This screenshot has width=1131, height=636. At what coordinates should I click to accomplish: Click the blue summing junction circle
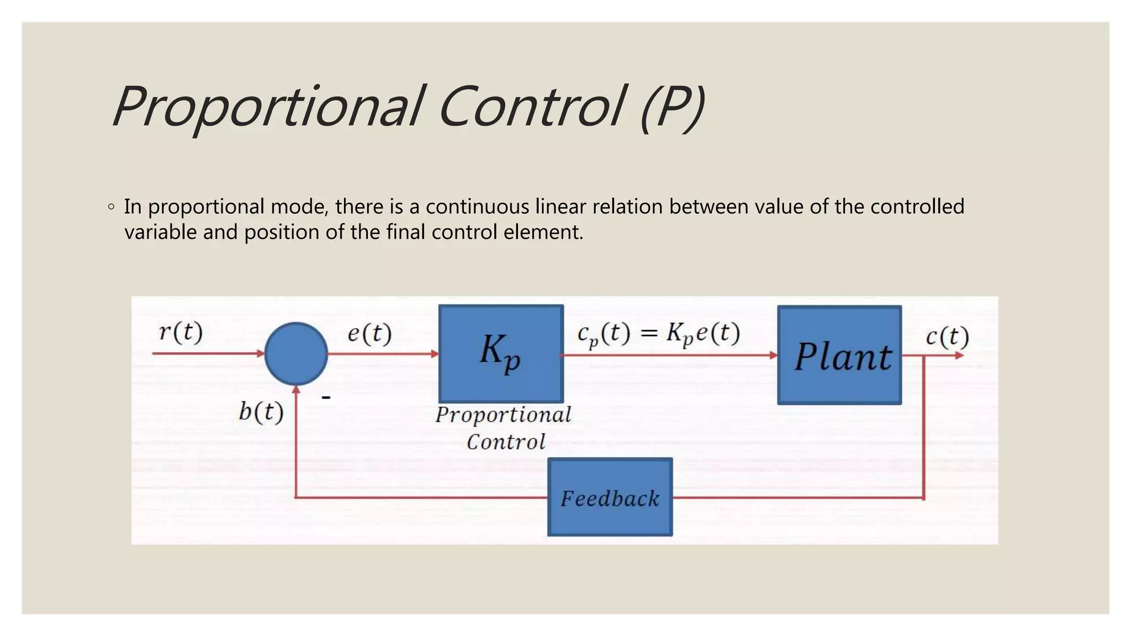[296, 354]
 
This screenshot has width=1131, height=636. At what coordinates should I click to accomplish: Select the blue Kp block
[501, 353]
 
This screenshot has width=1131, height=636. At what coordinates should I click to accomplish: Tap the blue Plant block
[839, 355]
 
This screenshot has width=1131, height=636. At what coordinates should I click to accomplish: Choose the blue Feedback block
[610, 497]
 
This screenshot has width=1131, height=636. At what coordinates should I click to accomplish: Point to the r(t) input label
[181, 332]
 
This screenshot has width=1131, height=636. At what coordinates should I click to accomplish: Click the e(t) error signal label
[369, 333]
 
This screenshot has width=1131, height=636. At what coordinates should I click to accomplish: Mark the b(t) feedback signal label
[261, 412]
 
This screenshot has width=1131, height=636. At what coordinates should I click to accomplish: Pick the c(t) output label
[947, 337]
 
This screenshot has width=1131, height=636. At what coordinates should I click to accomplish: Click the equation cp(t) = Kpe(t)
[658, 334]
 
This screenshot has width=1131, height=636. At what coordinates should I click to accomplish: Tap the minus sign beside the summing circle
[326, 397]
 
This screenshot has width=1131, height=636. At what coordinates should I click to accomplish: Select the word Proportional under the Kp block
[503, 415]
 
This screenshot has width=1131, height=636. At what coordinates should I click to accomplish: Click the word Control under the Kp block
[506, 442]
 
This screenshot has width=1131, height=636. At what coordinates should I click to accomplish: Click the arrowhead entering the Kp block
[435, 354]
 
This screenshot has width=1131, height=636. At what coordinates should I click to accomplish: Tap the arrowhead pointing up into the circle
[297, 390]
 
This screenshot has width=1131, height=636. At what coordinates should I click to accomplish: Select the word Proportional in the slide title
[267, 107]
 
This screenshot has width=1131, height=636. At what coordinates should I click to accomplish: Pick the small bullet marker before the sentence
[112, 208]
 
